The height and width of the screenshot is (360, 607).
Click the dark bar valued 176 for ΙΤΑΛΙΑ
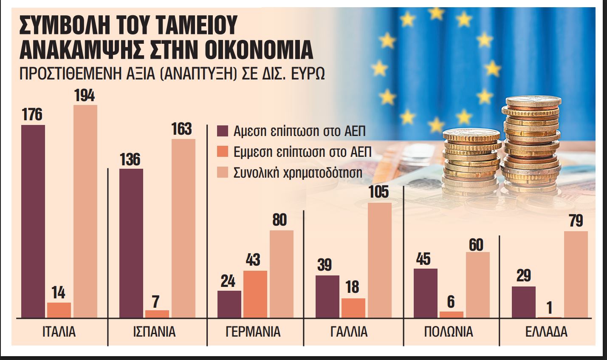tap(33, 221)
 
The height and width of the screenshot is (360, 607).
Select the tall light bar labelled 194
tap(85, 211)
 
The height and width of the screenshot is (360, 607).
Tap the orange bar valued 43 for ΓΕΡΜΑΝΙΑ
tap(255, 294)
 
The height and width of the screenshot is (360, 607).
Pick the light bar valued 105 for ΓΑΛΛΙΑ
tap(380, 260)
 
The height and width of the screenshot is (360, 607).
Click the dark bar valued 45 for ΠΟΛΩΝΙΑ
tap(425, 292)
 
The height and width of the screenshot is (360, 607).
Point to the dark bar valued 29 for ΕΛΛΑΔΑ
tap(523, 302)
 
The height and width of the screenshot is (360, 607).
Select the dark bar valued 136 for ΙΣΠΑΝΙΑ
tap(131, 243)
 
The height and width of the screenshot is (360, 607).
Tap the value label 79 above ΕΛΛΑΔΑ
tap(576, 221)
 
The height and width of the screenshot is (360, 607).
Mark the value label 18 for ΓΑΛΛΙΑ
tap(353, 287)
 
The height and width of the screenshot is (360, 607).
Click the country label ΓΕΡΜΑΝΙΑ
tap(253, 332)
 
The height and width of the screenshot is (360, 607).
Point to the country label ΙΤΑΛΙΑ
tap(59, 332)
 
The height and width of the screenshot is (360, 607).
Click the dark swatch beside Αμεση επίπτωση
tap(222, 131)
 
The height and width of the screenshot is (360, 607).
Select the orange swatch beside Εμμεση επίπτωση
tap(222, 152)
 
